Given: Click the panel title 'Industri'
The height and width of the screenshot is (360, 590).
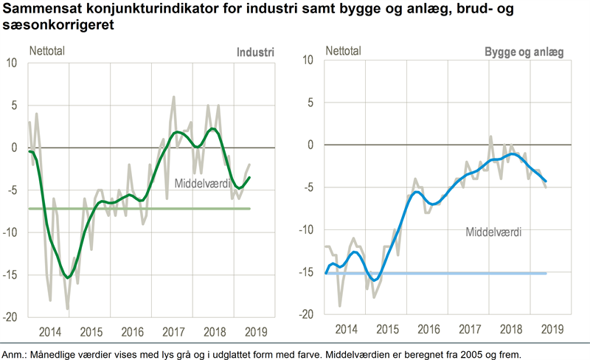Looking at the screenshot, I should click(255, 52).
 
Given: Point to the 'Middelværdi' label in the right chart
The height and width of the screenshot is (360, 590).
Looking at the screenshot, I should click(493, 232).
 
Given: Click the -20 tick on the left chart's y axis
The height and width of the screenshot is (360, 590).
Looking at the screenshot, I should click(12, 316).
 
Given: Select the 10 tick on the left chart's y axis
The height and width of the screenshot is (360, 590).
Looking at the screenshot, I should click(14, 63).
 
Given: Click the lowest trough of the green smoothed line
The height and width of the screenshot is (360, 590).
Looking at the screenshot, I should click(68, 277).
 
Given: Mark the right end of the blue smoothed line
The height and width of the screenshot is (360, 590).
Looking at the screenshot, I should click(546, 181).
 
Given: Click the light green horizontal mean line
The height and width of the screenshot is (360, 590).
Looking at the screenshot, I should click(147, 209).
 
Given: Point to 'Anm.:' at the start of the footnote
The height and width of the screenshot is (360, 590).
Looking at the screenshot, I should click(16, 353).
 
